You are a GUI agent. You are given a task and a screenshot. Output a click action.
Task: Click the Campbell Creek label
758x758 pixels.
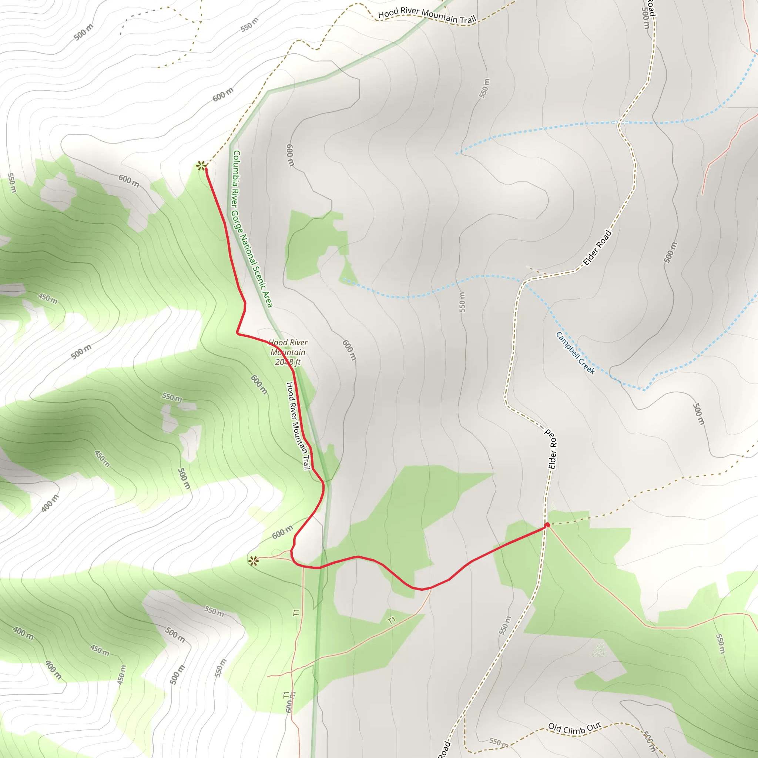575,353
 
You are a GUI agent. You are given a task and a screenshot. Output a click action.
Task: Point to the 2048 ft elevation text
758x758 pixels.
288,362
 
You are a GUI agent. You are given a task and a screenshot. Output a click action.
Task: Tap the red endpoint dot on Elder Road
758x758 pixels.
547,525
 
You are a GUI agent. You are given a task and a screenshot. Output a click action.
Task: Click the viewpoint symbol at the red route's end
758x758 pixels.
201,166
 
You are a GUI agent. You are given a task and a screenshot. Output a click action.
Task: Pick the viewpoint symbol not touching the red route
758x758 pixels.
254,561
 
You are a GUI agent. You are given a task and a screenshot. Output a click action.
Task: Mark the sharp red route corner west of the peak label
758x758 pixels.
237,333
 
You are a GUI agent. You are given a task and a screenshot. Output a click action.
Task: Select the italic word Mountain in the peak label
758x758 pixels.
288,352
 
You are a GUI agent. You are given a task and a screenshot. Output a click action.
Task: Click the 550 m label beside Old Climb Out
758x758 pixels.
498,742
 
